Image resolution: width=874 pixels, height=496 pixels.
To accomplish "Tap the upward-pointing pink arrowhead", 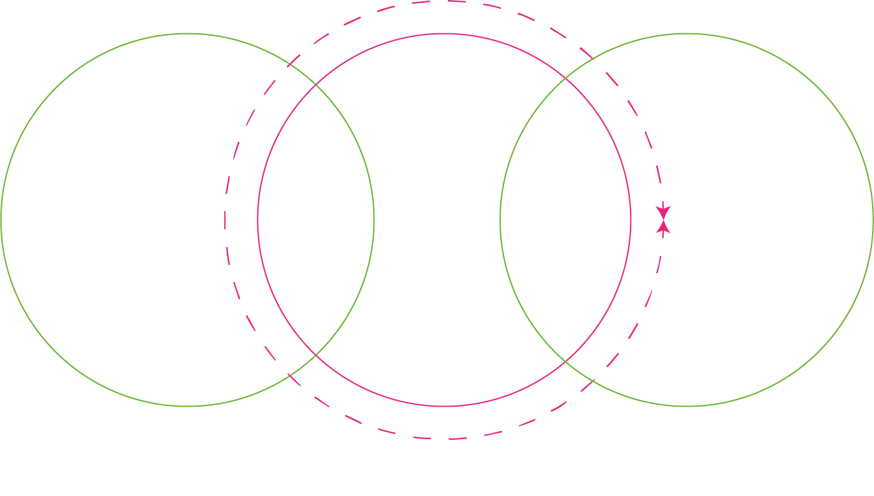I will click(664, 226).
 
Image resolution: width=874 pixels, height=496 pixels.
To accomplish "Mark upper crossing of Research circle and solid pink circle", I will click(316, 84).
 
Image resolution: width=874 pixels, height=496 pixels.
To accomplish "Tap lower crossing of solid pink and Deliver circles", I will click(565, 361).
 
